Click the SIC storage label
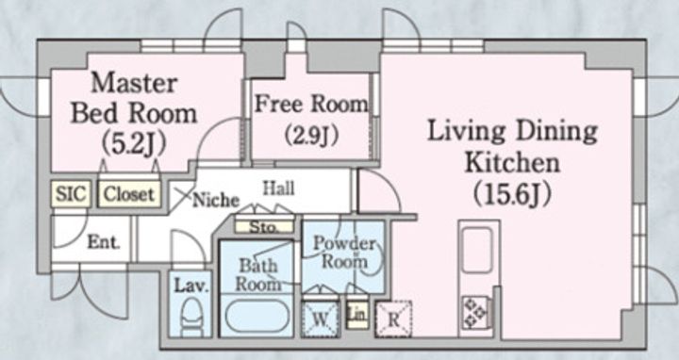point(71,193)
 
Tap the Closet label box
point(129,194)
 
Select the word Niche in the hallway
point(216,200)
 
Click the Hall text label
point(279,188)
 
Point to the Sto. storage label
point(264,227)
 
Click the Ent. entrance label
point(104,242)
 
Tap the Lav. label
point(191,286)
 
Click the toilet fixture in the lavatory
point(191,318)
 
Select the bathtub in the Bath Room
point(257,317)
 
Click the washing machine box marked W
point(320,319)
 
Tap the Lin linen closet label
point(357,315)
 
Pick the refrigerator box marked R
point(393,319)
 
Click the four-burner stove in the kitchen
point(475,312)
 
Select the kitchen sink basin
point(478,250)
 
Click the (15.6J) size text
point(512,195)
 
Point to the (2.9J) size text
point(311,136)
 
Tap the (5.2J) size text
point(134,144)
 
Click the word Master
point(134,83)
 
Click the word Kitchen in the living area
point(513,163)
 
